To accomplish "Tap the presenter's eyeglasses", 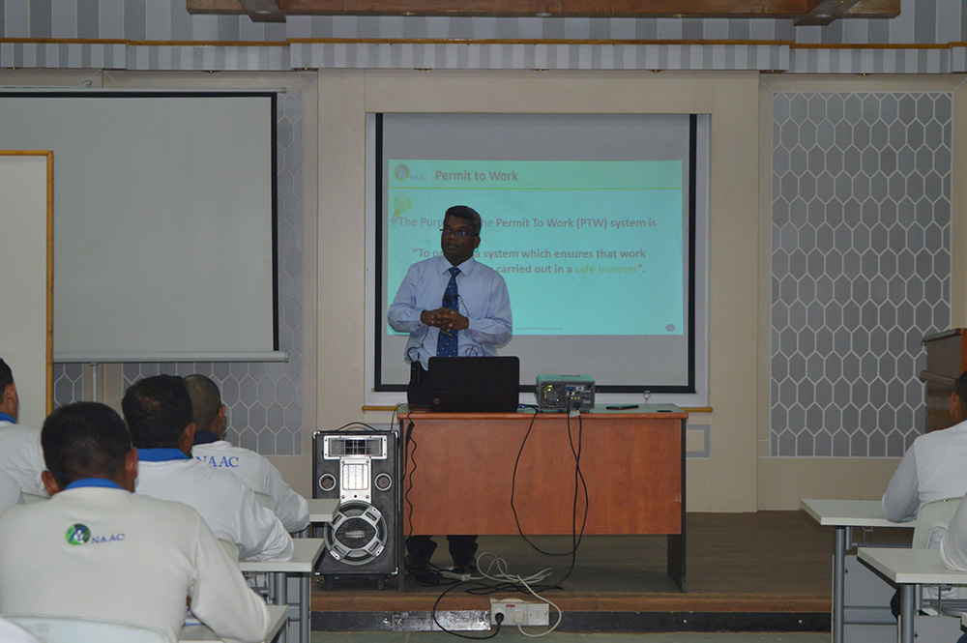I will (457, 233).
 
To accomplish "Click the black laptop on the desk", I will (472, 384).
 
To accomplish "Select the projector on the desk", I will (565, 392).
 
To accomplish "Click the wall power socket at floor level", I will (518, 612).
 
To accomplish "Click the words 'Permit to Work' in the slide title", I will (476, 175).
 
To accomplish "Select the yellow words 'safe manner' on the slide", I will (608, 268).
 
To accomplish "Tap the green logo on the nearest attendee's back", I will (78, 534).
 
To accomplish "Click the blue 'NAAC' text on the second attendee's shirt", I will (220, 461).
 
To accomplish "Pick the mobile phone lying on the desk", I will (622, 407).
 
